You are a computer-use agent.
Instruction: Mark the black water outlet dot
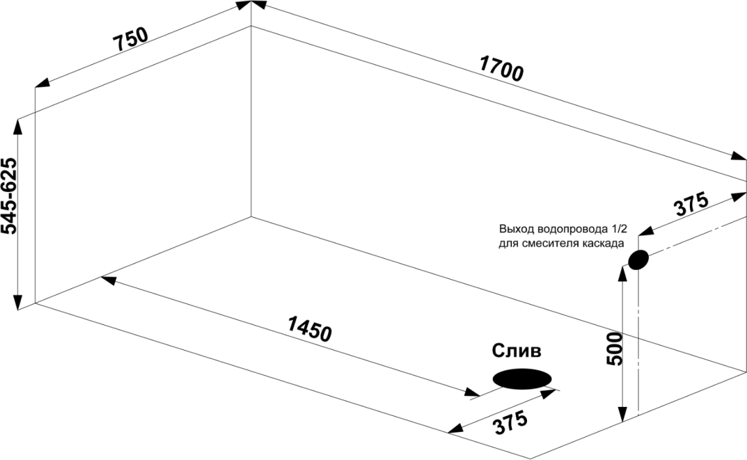[x=638, y=260]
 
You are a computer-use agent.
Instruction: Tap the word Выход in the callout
[x=516, y=229]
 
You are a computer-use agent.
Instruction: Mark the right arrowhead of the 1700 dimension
[x=740, y=158]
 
